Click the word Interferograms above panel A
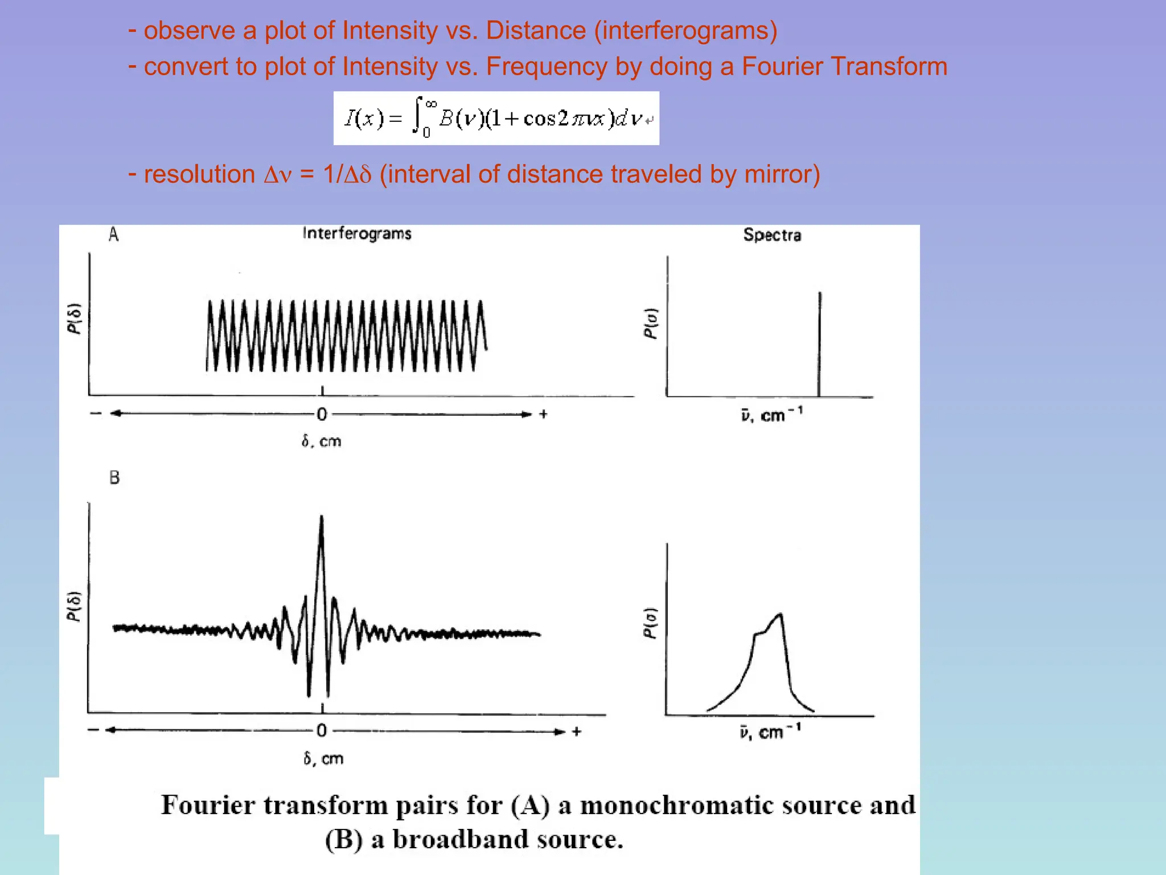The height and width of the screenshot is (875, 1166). coord(357,234)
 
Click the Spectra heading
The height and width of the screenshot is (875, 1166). coord(772,235)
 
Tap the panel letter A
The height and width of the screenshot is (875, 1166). coord(113,234)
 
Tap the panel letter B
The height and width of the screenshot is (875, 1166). coord(114,477)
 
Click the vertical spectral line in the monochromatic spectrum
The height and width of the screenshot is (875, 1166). coord(819,342)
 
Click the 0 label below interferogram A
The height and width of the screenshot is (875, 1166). coord(322,414)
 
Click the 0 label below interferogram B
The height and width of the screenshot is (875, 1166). coord(322,730)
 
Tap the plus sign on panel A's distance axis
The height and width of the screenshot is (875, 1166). coord(543,414)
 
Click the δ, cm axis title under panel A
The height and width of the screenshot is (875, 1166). coord(321,441)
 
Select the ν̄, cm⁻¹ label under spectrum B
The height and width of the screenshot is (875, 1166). coord(770,732)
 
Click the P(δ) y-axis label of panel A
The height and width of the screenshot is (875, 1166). coord(75,318)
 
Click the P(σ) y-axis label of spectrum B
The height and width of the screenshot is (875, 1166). coord(650,623)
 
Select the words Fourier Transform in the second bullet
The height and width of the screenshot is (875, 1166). coord(844,66)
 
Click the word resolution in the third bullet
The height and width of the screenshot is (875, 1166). coord(199,174)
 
